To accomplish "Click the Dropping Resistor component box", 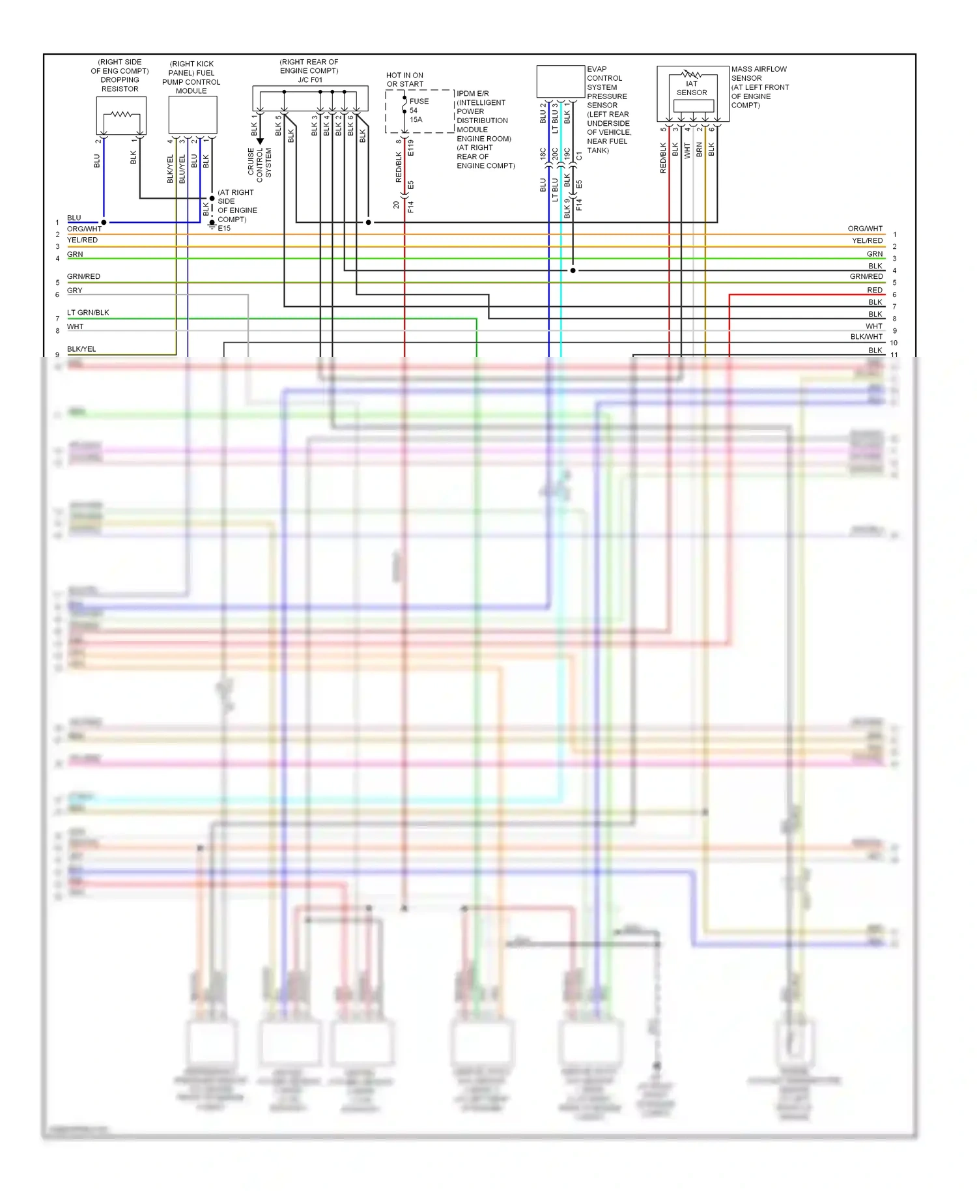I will coord(121,115).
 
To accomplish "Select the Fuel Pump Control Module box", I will coord(193,115).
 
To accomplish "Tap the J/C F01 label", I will coord(310,80).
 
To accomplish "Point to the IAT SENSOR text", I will coord(692,88).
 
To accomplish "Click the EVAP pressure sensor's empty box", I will coord(560,81).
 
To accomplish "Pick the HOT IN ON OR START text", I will coord(404,79).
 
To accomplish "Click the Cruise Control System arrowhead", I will coord(260,141).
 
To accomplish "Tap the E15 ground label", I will coord(224,229).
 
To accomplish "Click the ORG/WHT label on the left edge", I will coord(85,229).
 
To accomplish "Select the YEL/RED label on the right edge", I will coord(867,241).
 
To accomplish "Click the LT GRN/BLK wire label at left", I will coord(88,313).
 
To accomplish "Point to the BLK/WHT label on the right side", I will coord(866,337).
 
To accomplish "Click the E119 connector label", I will coord(411,148).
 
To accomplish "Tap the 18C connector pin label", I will coord(543,154).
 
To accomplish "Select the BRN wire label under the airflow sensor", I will coord(700,150).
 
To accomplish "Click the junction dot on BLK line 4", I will coord(573,270).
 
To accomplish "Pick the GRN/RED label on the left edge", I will coord(83,277).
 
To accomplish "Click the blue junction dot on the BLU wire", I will coord(104,222).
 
